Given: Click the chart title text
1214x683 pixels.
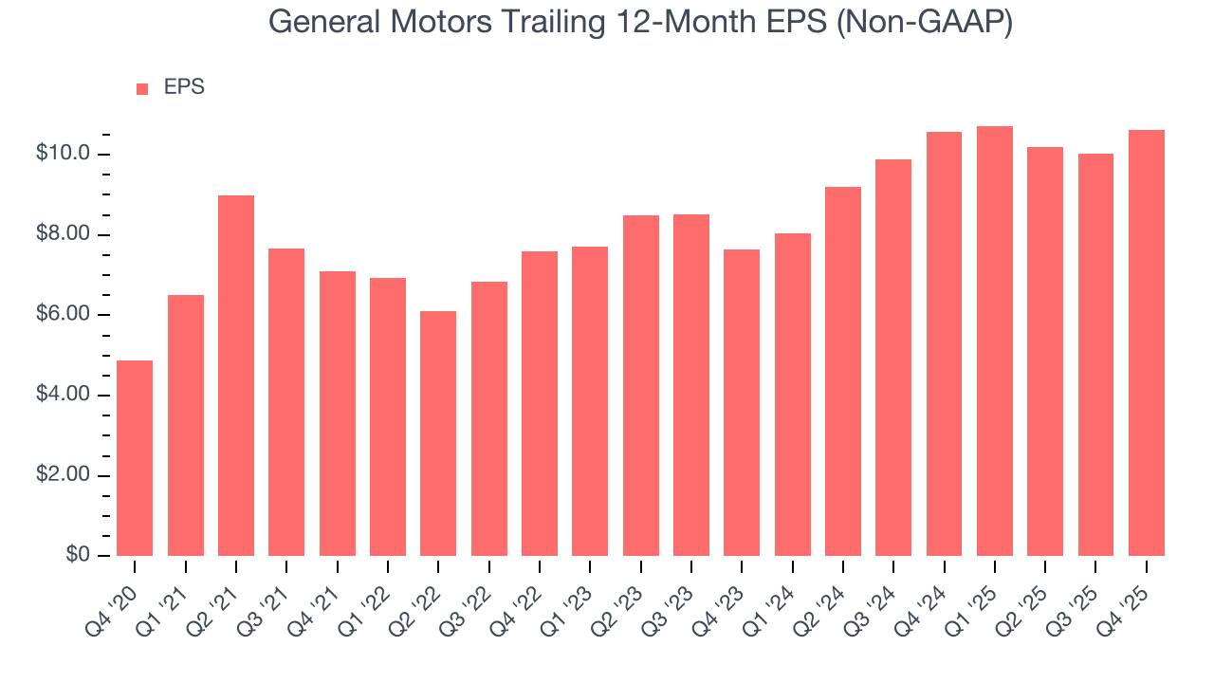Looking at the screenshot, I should [640, 22].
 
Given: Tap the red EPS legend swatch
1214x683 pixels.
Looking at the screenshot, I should [142, 89].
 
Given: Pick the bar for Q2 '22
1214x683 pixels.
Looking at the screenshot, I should [438, 434].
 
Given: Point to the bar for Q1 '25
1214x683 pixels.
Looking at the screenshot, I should [994, 341].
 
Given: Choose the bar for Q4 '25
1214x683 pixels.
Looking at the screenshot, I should [1146, 343].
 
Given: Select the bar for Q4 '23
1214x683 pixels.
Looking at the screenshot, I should [742, 403].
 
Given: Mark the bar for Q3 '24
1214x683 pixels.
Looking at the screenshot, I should [893, 358].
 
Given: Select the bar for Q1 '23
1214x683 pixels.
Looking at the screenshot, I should [590, 401].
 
